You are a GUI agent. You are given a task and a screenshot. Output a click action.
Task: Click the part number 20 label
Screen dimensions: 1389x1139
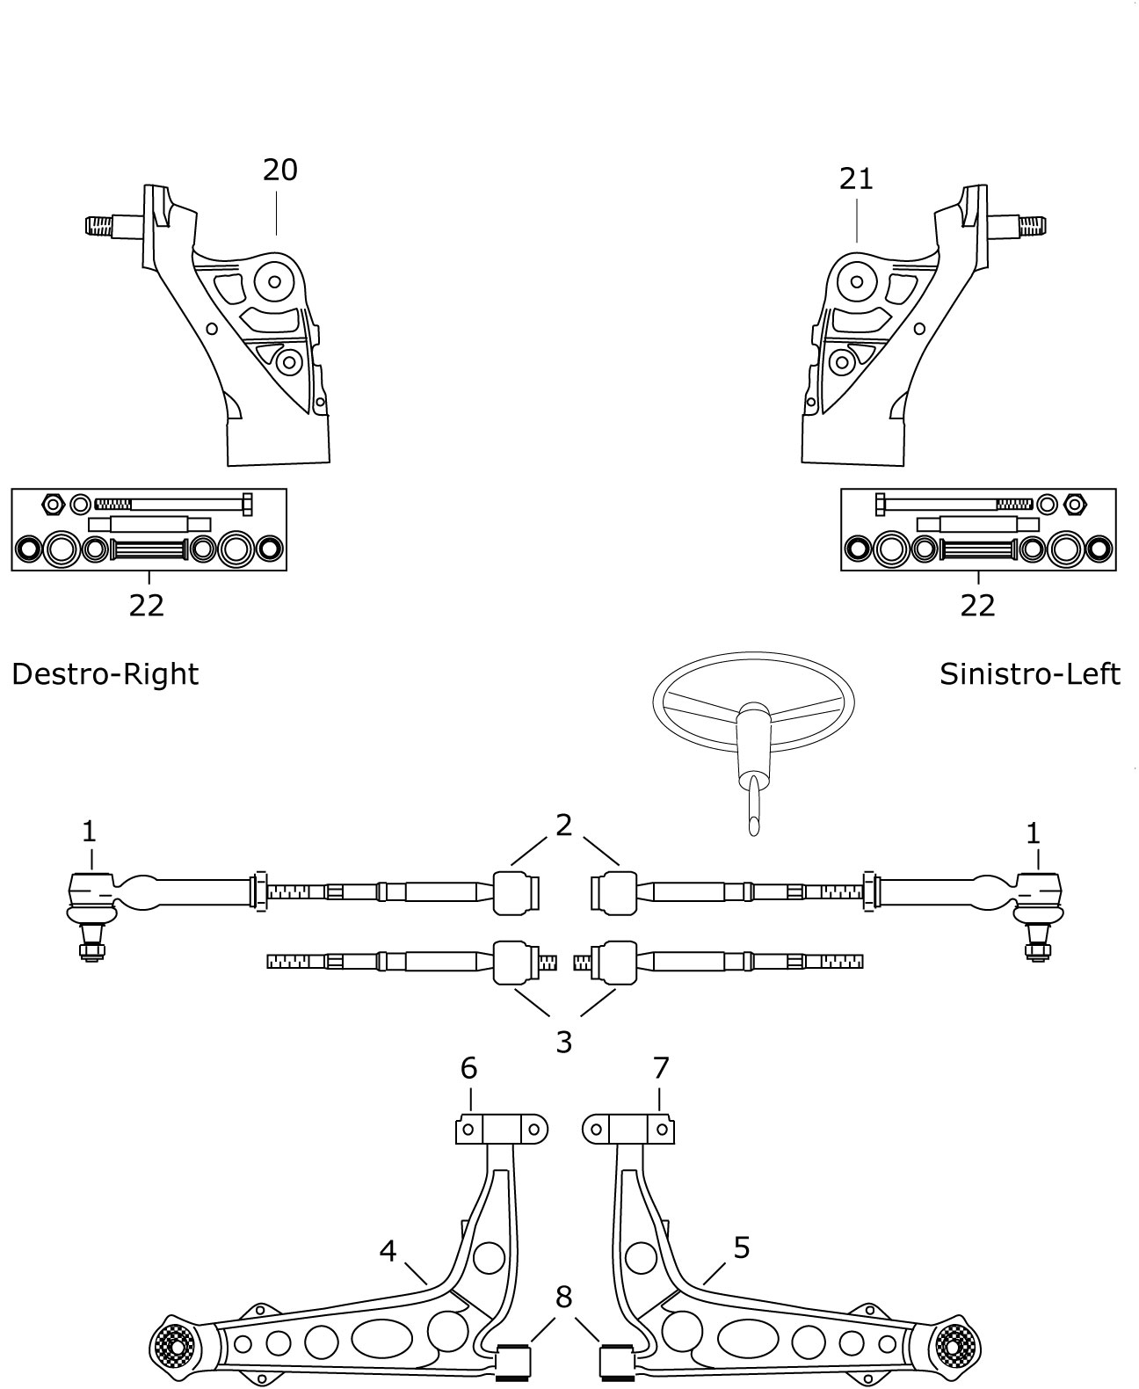(279, 170)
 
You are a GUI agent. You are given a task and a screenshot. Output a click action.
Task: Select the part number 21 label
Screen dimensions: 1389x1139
(856, 178)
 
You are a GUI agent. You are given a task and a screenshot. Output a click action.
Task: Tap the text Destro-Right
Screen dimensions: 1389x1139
(105, 674)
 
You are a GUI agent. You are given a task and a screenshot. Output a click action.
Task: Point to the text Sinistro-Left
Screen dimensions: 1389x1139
(1029, 674)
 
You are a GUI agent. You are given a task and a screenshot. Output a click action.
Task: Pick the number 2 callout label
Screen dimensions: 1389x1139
(563, 825)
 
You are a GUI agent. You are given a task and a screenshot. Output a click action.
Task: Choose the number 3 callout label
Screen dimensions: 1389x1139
(563, 1042)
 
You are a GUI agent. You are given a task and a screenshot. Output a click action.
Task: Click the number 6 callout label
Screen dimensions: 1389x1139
(468, 1068)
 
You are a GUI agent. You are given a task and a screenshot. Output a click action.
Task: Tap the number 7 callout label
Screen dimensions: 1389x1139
(661, 1068)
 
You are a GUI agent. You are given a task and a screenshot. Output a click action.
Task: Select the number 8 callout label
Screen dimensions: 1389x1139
(563, 1297)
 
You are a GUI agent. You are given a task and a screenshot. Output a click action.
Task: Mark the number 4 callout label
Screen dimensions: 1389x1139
(388, 1250)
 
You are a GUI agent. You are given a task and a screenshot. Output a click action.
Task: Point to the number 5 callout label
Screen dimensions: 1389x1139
(741, 1247)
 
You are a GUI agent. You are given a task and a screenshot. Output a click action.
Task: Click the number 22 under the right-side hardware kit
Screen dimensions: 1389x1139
(147, 606)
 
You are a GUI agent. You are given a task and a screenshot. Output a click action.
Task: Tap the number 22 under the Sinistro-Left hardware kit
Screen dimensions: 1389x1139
(978, 606)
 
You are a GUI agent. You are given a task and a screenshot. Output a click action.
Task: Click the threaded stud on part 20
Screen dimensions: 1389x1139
(102, 226)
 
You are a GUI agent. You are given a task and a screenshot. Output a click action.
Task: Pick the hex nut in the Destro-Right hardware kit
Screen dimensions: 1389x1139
(52, 504)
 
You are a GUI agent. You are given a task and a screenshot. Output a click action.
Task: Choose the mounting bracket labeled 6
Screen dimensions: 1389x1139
(501, 1129)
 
